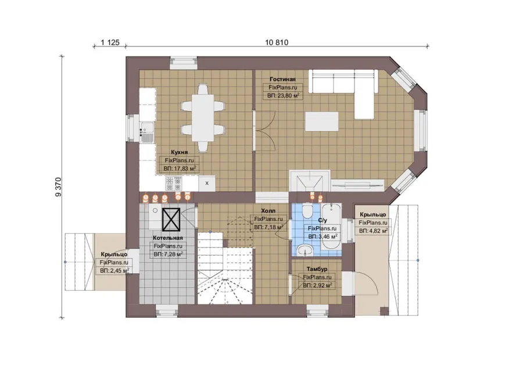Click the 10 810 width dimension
click(277, 42)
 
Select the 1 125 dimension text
click(110, 42)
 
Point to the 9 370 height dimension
click(58, 187)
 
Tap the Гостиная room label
click(282, 80)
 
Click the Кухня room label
click(180, 152)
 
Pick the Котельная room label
click(168, 238)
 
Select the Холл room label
click(268, 211)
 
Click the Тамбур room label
click(317, 269)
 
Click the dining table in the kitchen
click(202, 118)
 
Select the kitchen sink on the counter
click(147, 130)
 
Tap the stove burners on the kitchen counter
click(174, 183)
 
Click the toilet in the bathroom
click(307, 211)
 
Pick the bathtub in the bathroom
click(331, 226)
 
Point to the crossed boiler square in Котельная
click(171, 220)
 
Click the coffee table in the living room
click(322, 121)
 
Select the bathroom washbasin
click(305, 250)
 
